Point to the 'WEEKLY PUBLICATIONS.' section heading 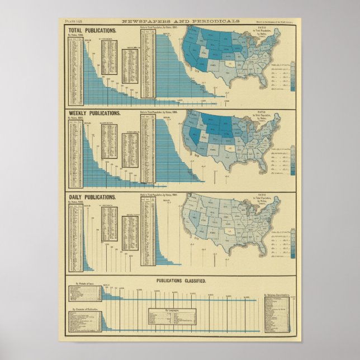click(x=94, y=113)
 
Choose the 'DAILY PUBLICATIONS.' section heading click(x=92, y=197)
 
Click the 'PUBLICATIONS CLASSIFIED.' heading click(x=181, y=281)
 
